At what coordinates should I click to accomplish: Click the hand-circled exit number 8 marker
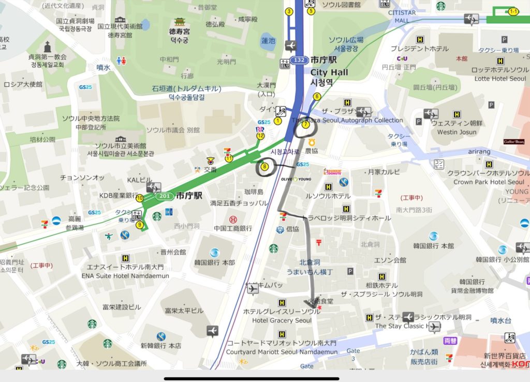coord(264,166)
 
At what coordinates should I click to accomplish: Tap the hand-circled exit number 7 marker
coord(305,125)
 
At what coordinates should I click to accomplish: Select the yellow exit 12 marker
coord(260,135)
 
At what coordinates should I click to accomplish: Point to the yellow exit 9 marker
coord(139,224)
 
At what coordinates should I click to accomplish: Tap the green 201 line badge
coord(165,196)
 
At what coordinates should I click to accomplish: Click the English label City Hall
coord(329,72)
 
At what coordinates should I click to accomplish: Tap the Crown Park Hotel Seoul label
coord(489,182)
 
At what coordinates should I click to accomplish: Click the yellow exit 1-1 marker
coord(513,11)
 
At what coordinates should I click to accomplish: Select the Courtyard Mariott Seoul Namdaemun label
coord(282,352)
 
